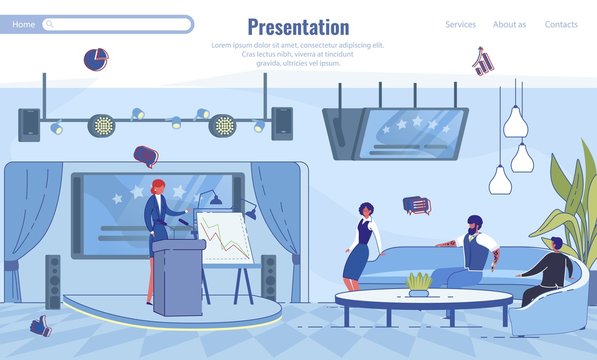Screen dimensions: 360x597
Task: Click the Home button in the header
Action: (23, 24)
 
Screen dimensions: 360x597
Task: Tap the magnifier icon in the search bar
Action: (50, 24)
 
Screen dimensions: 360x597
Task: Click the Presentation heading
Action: (298, 27)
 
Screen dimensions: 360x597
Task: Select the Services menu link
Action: (460, 24)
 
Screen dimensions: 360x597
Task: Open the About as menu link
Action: (509, 24)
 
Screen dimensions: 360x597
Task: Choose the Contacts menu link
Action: (561, 24)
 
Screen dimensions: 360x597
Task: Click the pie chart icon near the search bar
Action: (95, 59)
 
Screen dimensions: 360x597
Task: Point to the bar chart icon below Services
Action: (483, 61)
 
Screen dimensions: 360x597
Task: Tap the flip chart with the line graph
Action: (225, 240)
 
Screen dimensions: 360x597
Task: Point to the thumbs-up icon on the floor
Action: (40, 325)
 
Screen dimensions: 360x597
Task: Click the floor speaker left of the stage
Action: (52, 282)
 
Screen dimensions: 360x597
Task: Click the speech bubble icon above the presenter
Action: (146, 155)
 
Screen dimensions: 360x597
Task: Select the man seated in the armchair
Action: (548, 270)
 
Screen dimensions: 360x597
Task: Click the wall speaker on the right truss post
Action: (282, 123)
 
